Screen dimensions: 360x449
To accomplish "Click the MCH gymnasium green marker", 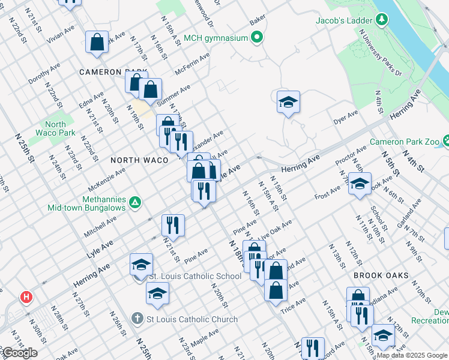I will [258, 38].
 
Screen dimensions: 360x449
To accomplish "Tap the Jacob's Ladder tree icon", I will [381, 20].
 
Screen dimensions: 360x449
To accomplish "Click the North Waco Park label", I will [55, 128].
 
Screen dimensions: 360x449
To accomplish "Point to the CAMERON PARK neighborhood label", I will [113, 72].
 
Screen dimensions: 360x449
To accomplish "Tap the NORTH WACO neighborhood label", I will [139, 160].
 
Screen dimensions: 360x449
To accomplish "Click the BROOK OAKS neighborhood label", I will [381, 275].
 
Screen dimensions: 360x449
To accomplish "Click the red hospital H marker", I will [26, 296].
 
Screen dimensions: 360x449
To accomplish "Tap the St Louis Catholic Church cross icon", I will [137, 319].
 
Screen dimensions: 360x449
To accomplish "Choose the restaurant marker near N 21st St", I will [173, 225].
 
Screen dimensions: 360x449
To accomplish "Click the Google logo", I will [19, 353].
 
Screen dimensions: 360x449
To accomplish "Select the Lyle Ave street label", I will [99, 245].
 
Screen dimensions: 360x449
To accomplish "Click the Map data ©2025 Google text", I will [412, 355].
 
